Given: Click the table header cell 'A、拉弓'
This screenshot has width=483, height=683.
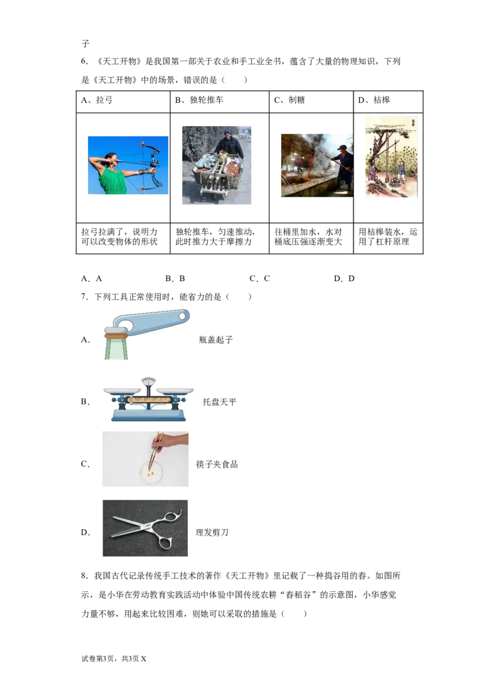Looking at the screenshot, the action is point(123,101).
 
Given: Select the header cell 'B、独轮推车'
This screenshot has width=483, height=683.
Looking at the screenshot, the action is point(219,101).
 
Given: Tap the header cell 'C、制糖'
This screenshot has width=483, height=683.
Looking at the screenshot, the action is point(311,101).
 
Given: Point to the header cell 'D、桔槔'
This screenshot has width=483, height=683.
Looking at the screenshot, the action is point(388,101).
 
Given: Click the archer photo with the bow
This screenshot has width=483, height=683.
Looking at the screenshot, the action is point(128,165).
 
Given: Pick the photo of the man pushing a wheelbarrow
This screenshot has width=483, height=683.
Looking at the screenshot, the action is point(217,165).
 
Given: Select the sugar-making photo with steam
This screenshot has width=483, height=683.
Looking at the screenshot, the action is point(317,165).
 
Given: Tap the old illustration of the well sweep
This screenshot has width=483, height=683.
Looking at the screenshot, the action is point(391,156).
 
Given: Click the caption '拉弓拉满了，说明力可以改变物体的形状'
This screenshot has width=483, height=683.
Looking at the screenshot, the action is point(119,237).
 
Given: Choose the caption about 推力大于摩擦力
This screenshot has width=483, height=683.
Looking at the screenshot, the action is point(215,237).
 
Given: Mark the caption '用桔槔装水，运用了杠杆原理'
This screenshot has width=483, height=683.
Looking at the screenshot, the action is point(388,237).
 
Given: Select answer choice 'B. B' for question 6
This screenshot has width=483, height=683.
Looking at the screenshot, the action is point(175,278).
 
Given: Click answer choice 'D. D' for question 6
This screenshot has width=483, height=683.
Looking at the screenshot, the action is point(344,278).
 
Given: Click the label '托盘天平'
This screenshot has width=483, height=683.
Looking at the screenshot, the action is point(219,402).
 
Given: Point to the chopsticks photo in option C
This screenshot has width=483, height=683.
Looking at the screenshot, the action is point(146,459).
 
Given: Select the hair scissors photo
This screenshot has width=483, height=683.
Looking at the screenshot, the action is point(145,528).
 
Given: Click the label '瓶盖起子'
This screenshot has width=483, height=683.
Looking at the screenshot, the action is point(216,340).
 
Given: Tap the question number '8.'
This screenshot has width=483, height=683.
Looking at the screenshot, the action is point(85,576).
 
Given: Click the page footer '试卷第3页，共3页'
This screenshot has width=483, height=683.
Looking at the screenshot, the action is point(110,659).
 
